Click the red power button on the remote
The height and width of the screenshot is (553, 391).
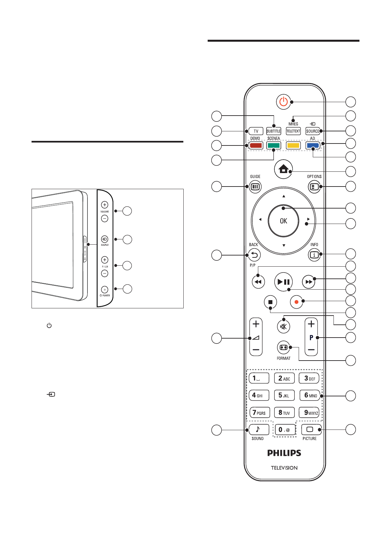[283, 102]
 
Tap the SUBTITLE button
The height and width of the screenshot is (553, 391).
[273, 131]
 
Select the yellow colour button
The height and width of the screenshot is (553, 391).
[293, 145]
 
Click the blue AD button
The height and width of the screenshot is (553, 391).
[312, 145]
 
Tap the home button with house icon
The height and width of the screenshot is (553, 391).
[283, 169]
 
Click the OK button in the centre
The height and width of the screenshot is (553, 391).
[283, 221]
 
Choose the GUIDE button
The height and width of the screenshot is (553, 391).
[255, 187]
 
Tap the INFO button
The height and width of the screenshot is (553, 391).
[314, 255]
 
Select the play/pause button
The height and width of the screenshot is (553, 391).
[283, 282]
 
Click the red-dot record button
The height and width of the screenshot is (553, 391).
[296, 302]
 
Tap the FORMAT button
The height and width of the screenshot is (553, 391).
[283, 347]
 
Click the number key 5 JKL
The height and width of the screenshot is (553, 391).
[284, 395]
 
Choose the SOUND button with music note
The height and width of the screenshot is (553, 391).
[259, 430]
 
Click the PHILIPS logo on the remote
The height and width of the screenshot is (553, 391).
[284, 453]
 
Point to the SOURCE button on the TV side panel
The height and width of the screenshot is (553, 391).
[104, 239]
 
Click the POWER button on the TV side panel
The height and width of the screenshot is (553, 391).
[104, 290]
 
